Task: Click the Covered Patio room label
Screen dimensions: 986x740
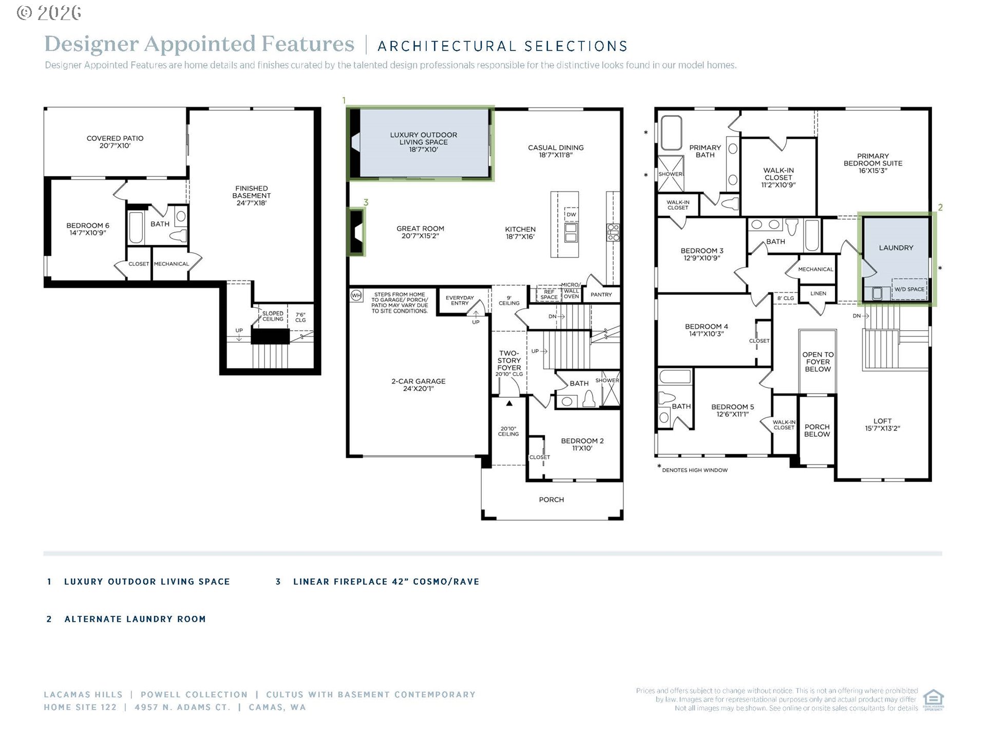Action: coord(115,142)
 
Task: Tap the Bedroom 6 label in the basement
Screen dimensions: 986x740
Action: coord(88,229)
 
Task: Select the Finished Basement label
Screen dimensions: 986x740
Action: coord(252,195)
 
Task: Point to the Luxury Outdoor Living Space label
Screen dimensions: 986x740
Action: coord(424,142)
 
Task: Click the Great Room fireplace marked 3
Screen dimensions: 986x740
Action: coord(356,231)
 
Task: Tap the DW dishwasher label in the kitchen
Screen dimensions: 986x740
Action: coord(571,215)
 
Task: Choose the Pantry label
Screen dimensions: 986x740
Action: coord(601,295)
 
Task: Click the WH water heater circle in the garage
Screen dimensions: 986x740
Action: coord(356,295)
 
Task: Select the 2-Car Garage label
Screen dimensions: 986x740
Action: coord(419,385)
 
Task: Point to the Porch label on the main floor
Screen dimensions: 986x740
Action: coord(552,499)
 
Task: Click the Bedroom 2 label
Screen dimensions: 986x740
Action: coord(582,445)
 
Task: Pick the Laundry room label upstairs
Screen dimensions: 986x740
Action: coord(896,248)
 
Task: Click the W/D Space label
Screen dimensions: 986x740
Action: coord(909,289)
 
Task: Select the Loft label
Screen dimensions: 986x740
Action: coord(883,424)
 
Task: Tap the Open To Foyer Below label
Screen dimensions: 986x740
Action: coord(818,362)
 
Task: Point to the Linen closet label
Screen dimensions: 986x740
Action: coord(819,293)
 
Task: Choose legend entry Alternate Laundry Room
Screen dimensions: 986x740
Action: coord(135,619)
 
